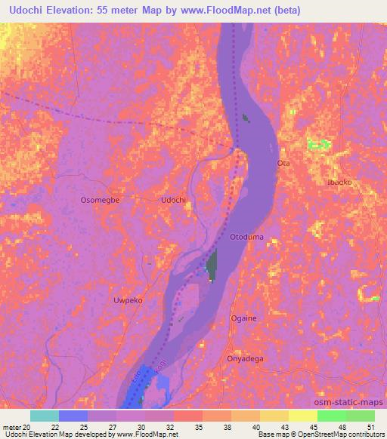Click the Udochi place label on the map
(173, 200)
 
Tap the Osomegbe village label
(101, 200)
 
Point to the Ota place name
(284, 163)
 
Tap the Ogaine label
(243, 318)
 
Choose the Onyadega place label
(245, 359)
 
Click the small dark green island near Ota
(246, 118)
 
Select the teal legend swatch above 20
(45, 416)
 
